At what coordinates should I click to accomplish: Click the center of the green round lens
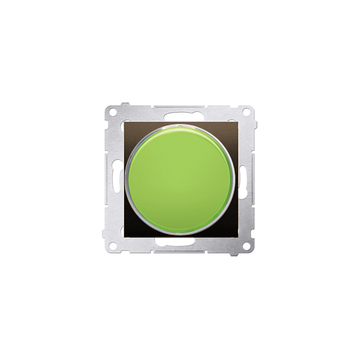[179, 179]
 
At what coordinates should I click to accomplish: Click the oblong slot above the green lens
[179, 115]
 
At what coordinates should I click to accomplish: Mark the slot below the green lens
[179, 243]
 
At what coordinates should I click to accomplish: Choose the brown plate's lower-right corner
[235, 235]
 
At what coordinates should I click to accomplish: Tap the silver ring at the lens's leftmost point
[125, 179]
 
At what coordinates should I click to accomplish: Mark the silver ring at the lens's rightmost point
[235, 179]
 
